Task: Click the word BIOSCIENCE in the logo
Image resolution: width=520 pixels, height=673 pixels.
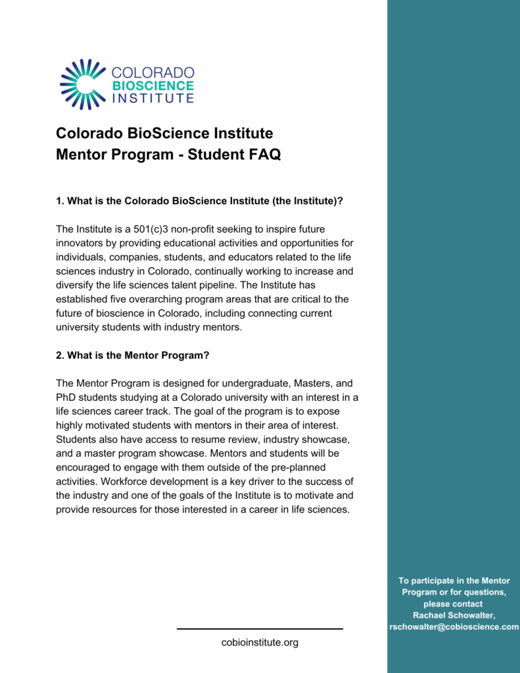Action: [153, 85]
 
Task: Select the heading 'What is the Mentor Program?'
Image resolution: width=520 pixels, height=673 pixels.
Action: [133, 355]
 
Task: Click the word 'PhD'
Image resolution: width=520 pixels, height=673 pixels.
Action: [66, 398]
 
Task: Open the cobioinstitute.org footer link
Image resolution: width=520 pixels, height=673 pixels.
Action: [260, 642]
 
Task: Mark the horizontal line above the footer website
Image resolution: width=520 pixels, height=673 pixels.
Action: [260, 629]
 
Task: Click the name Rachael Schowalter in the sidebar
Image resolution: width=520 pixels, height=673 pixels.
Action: [454, 615]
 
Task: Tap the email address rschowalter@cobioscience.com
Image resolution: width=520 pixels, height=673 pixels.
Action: [454, 627]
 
